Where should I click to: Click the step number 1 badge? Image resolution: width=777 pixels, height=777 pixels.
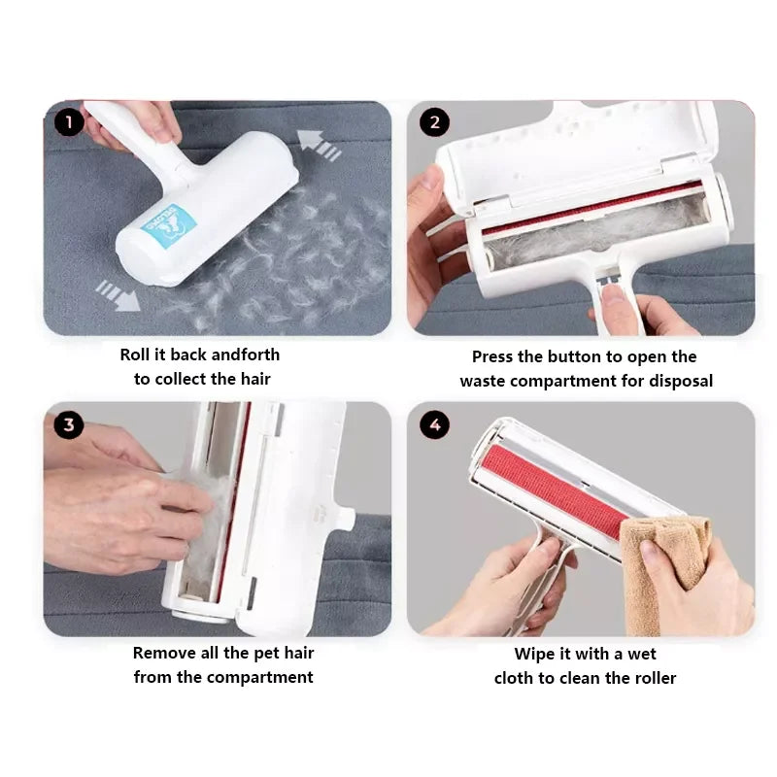click(69, 122)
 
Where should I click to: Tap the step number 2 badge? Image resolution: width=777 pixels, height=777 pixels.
click(434, 122)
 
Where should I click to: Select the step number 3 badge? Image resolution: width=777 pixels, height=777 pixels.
click(69, 424)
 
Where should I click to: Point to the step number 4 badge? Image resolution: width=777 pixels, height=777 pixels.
click(434, 424)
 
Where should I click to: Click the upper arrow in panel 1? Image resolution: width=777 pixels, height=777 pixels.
click(320, 145)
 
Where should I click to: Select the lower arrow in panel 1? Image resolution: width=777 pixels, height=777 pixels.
click(118, 295)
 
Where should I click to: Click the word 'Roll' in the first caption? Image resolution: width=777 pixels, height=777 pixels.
click(135, 355)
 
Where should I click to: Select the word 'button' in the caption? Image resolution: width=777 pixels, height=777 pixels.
click(569, 356)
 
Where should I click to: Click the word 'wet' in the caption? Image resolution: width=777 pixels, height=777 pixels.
click(642, 655)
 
